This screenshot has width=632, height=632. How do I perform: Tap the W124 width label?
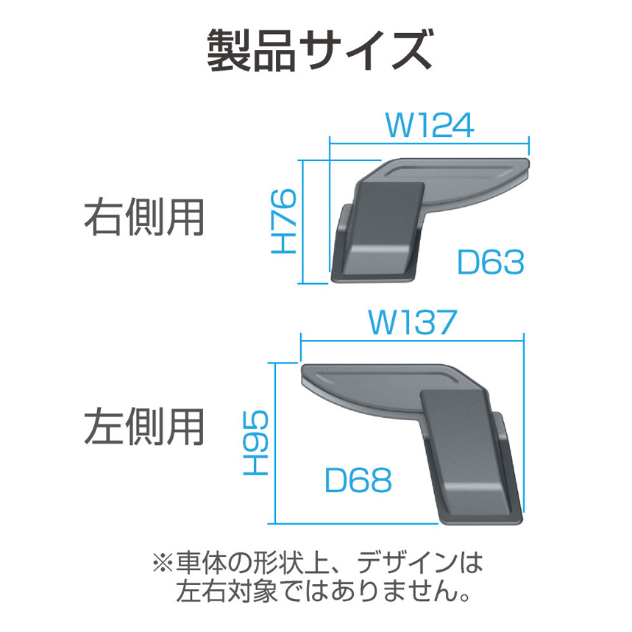pos(430,125)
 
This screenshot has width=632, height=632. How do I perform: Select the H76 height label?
pos(284,221)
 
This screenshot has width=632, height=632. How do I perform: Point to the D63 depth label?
pos(491,262)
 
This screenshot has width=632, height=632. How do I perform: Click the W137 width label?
pos(412,322)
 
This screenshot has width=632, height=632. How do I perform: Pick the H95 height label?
pos(256,443)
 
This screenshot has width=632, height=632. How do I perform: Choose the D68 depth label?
pos(358,480)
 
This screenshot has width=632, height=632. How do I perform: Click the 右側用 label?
pos(144,218)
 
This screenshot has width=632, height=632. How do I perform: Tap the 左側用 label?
pos(144,427)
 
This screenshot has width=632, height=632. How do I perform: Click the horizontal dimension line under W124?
pos(429,143)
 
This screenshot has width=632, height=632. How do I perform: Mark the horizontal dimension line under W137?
pos(412,341)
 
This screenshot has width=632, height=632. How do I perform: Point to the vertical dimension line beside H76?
pos(302,221)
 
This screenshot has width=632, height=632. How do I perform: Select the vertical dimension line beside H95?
pos(274,444)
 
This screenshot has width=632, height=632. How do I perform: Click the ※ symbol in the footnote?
pos(163,563)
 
